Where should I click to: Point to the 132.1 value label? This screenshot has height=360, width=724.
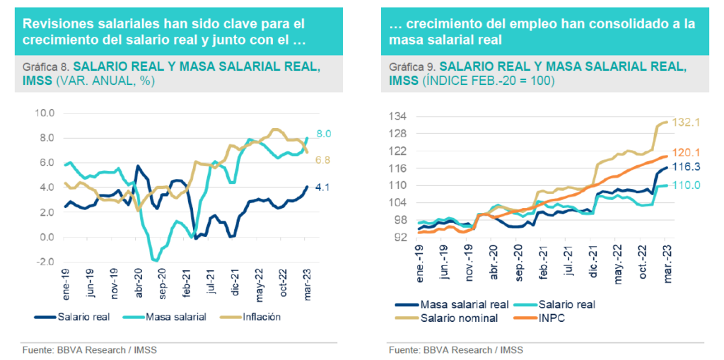685,122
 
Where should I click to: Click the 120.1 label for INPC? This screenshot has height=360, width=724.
685,153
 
